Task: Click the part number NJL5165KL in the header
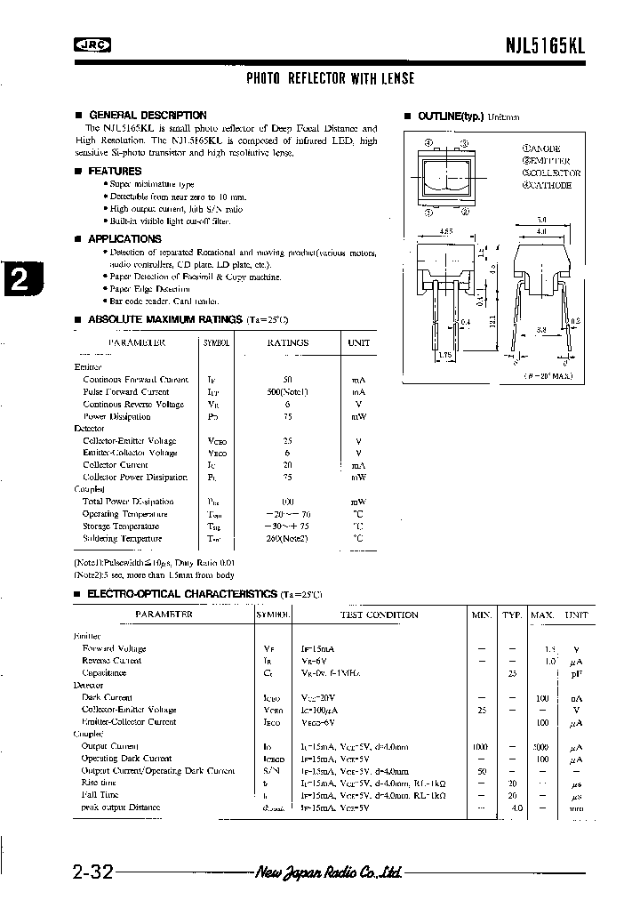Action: tap(548, 48)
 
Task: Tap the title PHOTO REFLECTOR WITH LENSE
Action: tap(330, 79)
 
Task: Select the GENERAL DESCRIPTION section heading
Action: tap(148, 116)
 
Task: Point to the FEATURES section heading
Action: tap(115, 171)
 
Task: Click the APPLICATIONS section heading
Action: tap(125, 239)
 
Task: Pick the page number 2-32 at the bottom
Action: tap(90, 872)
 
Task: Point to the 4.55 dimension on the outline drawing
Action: tap(442, 230)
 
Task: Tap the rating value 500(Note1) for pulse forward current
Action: tap(286, 391)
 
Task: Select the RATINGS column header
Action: tap(287, 342)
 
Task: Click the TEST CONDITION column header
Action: tap(379, 615)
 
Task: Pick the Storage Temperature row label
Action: tap(124, 526)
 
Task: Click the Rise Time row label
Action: tap(100, 783)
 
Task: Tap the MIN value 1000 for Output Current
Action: tap(481, 746)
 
